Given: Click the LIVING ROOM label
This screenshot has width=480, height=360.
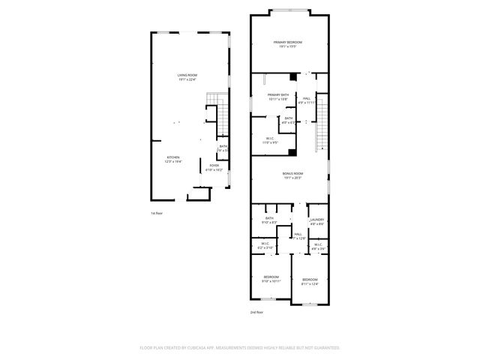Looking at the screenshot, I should pyautogui.click(x=187, y=76).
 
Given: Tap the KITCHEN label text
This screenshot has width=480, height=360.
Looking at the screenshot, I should pyautogui.click(x=173, y=157).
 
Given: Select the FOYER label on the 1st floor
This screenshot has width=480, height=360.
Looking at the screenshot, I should pyautogui.click(x=214, y=165).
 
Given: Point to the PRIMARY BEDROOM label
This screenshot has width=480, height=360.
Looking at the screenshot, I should pyautogui.click(x=287, y=42).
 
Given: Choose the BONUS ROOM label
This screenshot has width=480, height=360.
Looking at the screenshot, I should pyautogui.click(x=292, y=173).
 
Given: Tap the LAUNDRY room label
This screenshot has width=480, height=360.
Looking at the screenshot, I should pyautogui.click(x=316, y=220).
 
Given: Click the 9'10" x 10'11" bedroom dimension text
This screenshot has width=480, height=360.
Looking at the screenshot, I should pyautogui.click(x=271, y=282).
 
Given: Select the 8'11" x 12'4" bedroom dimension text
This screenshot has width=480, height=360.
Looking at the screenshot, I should pyautogui.click(x=310, y=283).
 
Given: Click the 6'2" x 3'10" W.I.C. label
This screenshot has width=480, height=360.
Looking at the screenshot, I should pyautogui.click(x=265, y=247).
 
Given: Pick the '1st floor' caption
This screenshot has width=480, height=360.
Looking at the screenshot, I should pyautogui.click(x=157, y=213).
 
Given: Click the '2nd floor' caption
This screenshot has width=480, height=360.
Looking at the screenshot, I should pyautogui.click(x=256, y=312).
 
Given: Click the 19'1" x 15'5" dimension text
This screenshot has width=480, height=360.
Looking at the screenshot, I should pyautogui.click(x=287, y=46).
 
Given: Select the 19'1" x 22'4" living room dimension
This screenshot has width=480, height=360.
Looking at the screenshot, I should pyautogui.click(x=187, y=80).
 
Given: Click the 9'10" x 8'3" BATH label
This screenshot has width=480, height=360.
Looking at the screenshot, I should pyautogui.click(x=269, y=222).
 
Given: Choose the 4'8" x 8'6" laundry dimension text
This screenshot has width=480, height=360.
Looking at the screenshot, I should pyautogui.click(x=316, y=224).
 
